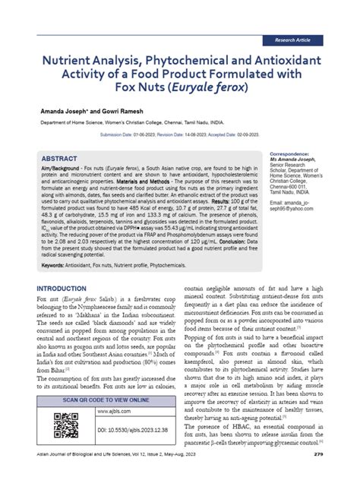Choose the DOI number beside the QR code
(x=128, y=430)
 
